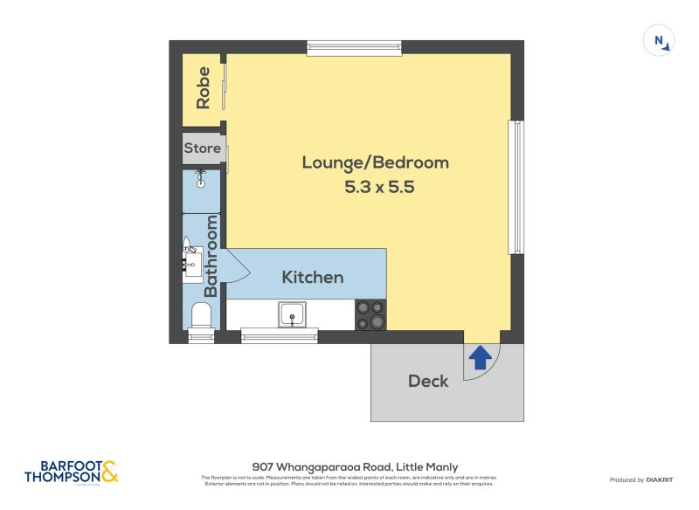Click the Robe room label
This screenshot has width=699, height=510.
[204, 87]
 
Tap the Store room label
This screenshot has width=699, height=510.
[202, 148]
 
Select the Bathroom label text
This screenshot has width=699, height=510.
[211, 256]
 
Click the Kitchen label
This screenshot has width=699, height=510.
[312, 277]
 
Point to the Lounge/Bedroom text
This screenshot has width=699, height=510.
[375, 162]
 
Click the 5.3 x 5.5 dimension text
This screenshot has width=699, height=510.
[378, 186]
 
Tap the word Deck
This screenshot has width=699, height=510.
[428, 381]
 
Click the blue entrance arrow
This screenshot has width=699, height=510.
[480, 357]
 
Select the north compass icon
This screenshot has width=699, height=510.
[659, 41]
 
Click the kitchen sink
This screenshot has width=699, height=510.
[292, 314]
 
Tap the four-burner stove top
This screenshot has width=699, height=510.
[370, 314]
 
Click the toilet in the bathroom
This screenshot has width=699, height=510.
[201, 315]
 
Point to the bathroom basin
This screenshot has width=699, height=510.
[191, 260]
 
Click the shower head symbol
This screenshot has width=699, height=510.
[201, 182]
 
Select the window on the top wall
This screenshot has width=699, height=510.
[354, 46]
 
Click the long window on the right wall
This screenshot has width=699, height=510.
[516, 186]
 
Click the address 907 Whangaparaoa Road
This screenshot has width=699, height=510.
[355, 467]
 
